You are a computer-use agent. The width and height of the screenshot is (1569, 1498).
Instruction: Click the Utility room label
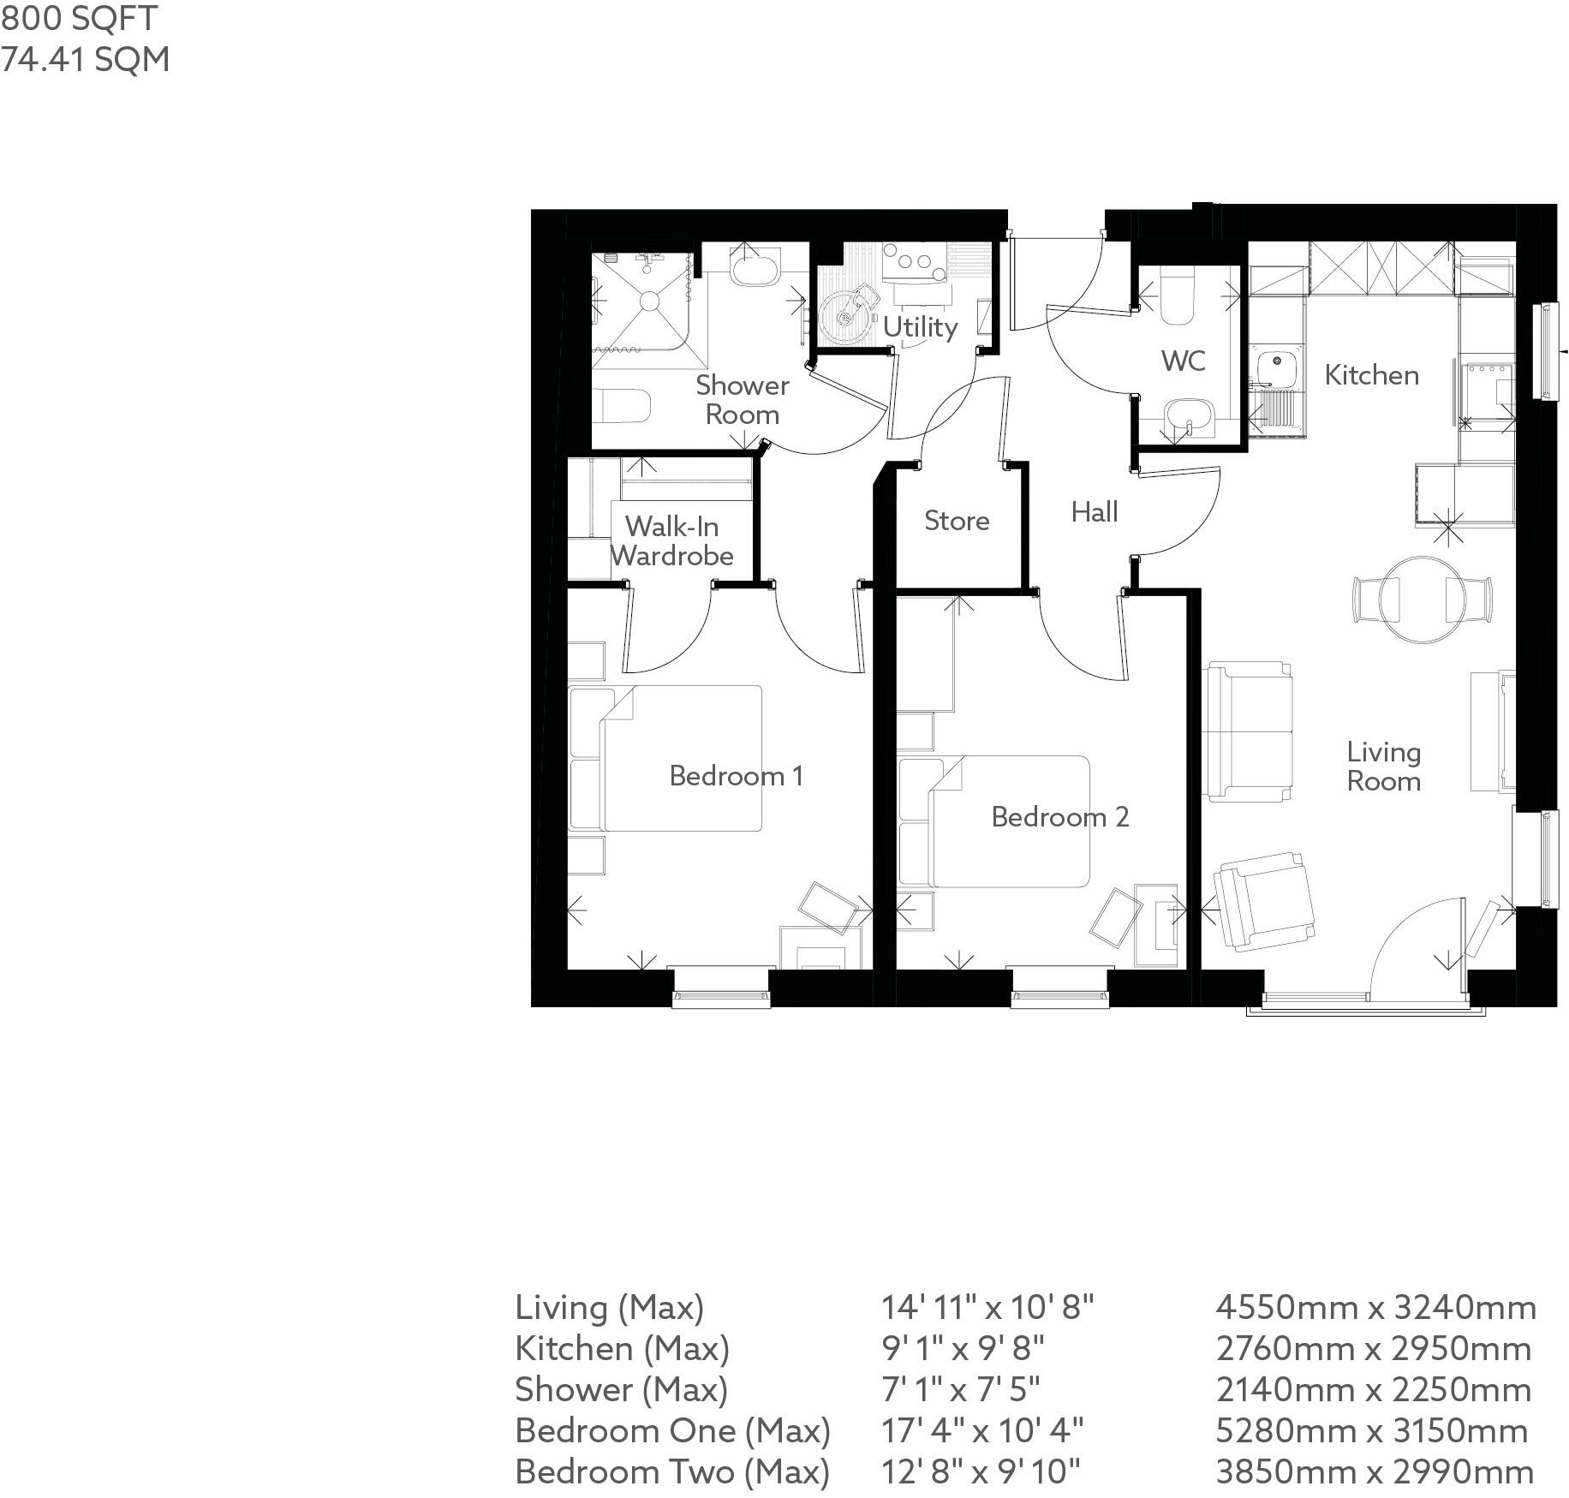(920, 327)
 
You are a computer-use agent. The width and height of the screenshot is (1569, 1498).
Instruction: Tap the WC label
(1183, 361)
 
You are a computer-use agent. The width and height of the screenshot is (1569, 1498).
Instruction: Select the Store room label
(957, 521)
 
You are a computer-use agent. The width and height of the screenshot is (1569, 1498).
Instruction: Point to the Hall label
(1095, 512)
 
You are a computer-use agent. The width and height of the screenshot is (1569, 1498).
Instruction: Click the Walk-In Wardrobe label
(672, 541)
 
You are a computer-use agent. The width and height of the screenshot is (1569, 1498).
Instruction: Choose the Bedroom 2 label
(1060, 817)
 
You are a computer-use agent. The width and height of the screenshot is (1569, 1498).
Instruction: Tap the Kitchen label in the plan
(1371, 375)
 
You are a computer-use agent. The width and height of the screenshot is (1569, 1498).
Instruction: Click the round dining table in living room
(1422, 600)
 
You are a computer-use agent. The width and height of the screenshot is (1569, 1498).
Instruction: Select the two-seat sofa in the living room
(1247, 731)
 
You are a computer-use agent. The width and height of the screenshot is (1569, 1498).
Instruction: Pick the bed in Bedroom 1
(681, 758)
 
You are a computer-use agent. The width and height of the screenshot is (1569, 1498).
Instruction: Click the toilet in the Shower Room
(622, 405)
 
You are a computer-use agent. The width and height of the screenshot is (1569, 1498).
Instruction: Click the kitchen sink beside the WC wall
(1276, 367)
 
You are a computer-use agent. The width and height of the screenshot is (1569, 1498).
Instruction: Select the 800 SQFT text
(79, 18)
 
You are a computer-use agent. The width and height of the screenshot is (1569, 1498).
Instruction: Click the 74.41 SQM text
(85, 60)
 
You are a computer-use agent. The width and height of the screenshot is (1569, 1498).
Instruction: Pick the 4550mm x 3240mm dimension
(1375, 1308)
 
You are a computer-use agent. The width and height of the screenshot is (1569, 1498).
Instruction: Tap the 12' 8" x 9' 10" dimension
(981, 1471)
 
